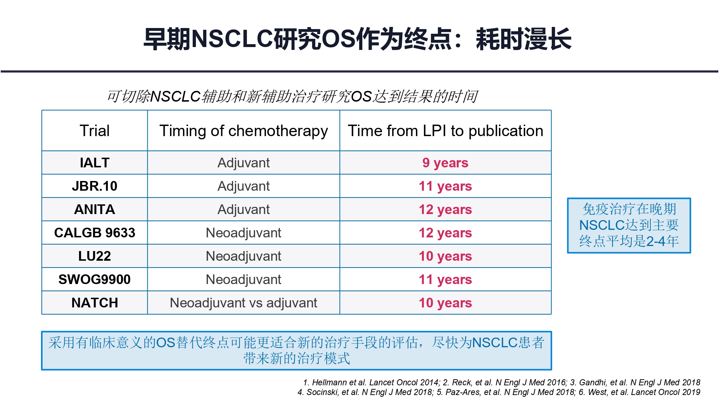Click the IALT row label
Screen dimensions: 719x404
[95, 163]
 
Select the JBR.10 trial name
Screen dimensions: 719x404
[95, 186]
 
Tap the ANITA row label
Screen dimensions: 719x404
[95, 209]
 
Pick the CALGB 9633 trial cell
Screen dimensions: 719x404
[95, 233]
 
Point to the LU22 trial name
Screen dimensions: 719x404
[95, 256]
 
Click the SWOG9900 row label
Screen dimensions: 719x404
[95, 279]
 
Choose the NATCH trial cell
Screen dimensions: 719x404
[95, 303]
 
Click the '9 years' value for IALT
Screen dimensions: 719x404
[445, 163]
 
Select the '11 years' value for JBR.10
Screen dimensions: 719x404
[445, 186]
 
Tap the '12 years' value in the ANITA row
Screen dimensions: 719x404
[445, 210]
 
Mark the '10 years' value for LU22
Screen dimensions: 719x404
[445, 256]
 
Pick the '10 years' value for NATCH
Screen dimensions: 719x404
[445, 303]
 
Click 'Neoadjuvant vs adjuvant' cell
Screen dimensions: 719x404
[243, 303]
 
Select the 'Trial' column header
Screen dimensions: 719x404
[95, 131]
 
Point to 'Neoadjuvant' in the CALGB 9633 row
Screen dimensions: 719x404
[243, 233]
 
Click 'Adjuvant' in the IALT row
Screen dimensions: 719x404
[243, 163]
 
